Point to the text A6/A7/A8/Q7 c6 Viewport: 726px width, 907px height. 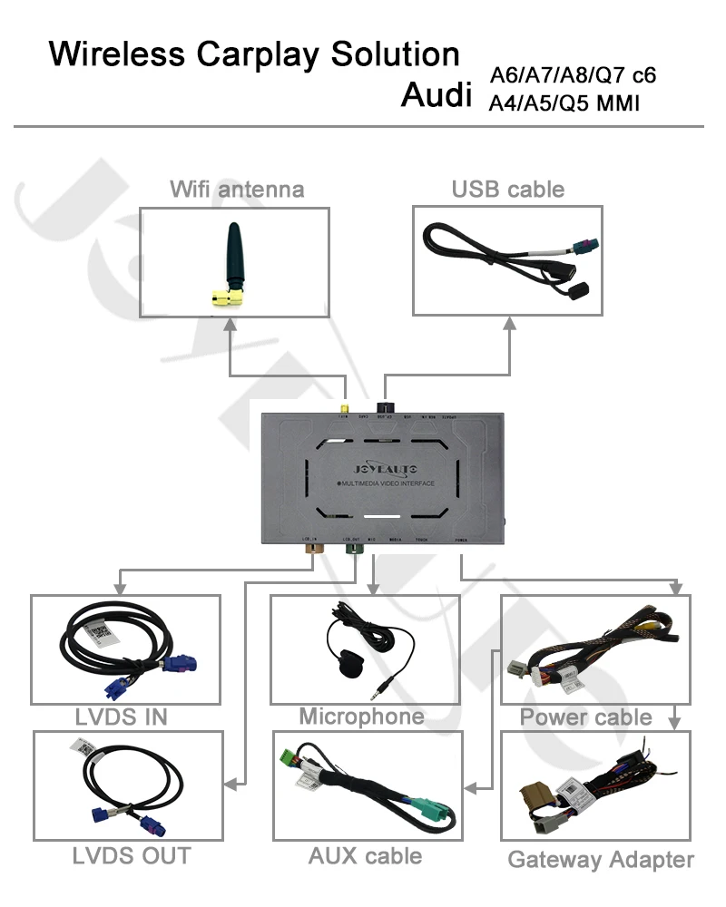(572, 75)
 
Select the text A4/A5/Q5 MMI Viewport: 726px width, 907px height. (564, 104)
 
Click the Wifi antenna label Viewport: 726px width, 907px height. (237, 190)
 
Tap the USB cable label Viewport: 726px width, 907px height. (507, 190)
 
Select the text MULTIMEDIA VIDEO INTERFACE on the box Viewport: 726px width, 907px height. (384, 483)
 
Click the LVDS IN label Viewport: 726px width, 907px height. (122, 717)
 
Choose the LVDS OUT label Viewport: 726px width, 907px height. (132, 854)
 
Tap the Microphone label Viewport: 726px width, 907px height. (361, 717)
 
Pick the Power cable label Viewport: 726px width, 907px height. (585, 717)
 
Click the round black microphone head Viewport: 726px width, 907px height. (346, 662)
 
